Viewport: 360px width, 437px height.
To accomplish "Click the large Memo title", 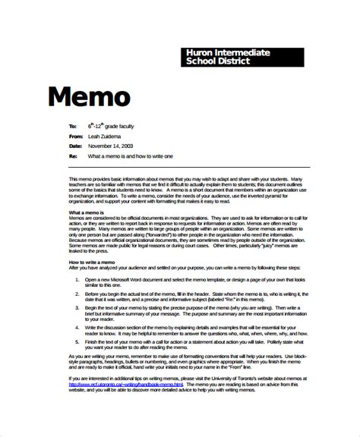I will pyautogui.click(x=90, y=96).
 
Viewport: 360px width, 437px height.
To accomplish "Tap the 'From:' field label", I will pyautogui.click(x=75, y=134).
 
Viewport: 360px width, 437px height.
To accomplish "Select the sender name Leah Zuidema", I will pyautogui.click(x=106, y=134).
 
